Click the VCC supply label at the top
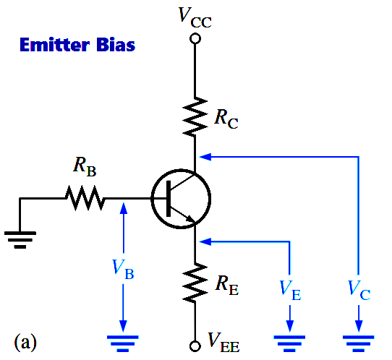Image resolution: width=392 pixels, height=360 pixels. click(195, 17)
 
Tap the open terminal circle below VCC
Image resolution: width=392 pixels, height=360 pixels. click(195, 39)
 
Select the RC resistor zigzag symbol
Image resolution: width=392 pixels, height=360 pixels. click(195, 116)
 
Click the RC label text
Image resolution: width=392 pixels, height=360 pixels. click(226, 119)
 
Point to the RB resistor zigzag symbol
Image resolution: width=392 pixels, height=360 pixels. click(85, 198)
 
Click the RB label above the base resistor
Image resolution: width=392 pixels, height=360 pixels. click(85, 167)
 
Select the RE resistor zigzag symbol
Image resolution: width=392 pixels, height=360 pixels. click(195, 283)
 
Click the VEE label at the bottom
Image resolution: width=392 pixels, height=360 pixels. click(223, 342)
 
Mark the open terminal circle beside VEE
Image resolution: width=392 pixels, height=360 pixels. click(195, 346)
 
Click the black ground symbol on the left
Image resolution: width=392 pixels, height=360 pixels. click(20, 240)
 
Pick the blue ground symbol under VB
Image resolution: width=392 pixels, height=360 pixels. click(123, 343)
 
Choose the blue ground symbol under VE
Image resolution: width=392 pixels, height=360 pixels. click(289, 343)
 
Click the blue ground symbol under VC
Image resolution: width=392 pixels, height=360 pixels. click(359, 343)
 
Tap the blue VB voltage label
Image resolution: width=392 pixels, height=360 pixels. click(123, 269)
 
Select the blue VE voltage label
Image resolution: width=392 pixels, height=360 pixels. click(290, 290)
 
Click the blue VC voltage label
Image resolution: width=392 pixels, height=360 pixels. click(359, 290)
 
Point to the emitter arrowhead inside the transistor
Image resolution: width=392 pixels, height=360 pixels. click(190, 218)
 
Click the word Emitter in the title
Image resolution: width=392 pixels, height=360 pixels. click(54, 45)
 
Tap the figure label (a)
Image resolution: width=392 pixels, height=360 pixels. click(25, 342)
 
